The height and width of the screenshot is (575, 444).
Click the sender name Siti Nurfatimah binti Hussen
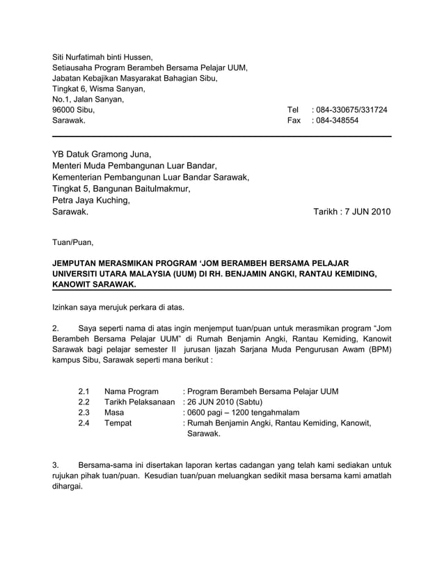[102, 57]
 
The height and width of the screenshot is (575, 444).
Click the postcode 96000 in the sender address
[65, 110]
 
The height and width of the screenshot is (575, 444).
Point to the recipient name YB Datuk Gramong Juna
[102, 155]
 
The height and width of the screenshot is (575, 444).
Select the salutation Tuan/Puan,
[72, 243]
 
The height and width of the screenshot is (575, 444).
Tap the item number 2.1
[84, 391]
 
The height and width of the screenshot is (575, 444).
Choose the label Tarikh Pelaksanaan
[139, 402]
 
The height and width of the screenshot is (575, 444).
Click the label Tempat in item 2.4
[118, 423]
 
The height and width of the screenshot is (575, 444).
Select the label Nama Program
[131, 391]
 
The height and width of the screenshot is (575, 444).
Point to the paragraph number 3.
[56, 465]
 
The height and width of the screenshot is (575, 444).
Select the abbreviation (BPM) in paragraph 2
[379, 351]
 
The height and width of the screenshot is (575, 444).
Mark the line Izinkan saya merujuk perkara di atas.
[118, 307]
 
